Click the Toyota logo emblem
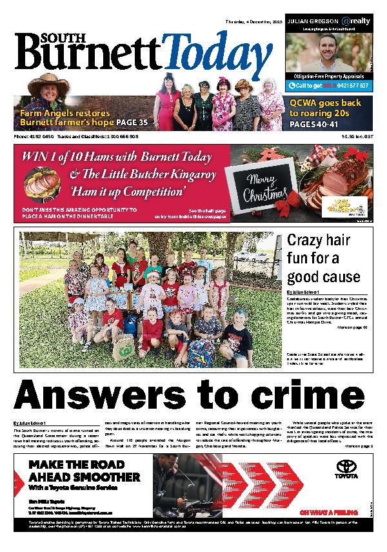click(x=347, y=466)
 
